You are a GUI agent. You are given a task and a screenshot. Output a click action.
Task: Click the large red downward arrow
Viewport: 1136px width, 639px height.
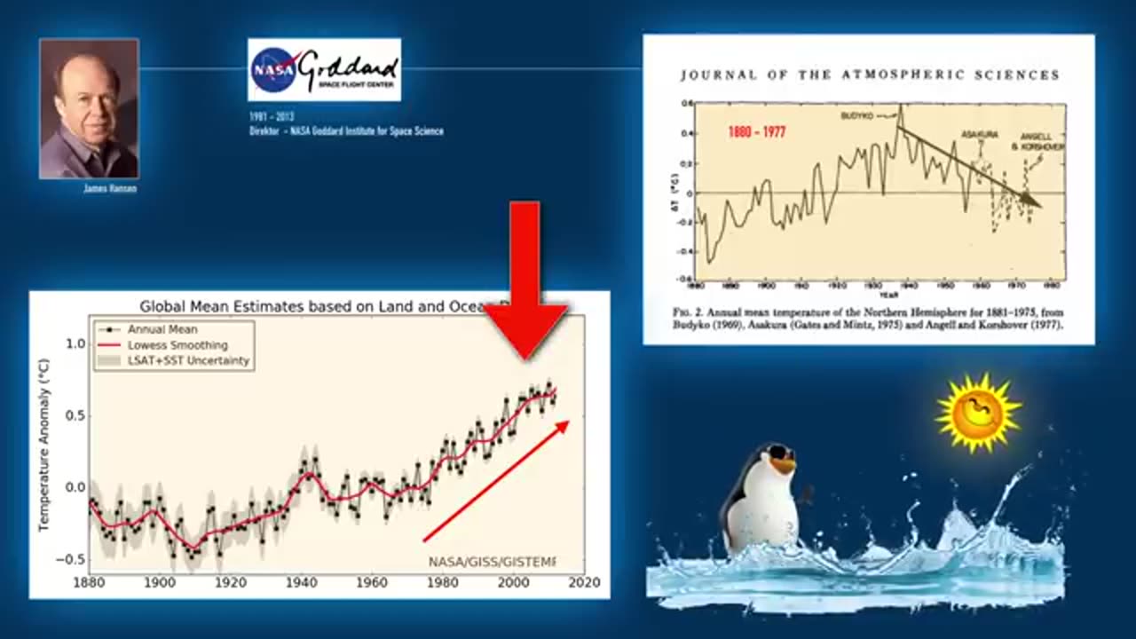tap(525, 284)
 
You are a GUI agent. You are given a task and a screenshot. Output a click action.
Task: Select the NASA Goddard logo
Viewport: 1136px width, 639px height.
tap(324, 69)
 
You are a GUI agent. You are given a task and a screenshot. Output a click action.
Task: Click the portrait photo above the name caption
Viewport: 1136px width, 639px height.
tap(89, 108)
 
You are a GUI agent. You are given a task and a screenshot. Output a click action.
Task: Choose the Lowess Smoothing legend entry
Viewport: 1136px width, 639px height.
tap(177, 345)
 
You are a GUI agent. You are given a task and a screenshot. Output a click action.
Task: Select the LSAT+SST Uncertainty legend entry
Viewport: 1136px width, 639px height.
tap(188, 361)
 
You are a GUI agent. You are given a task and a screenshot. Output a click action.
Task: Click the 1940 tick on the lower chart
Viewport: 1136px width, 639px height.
tap(302, 582)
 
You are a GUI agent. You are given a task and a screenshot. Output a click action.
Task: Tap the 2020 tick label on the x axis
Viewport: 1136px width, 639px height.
tap(584, 582)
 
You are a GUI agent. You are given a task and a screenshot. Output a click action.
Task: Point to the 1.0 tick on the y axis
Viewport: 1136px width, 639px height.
tap(75, 343)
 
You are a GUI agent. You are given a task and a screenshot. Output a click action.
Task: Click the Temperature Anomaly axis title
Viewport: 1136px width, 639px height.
tap(43, 446)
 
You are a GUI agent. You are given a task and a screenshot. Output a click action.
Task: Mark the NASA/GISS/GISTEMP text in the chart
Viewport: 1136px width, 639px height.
tap(492, 562)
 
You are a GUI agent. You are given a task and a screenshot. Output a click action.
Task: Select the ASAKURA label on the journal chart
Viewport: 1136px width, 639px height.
tap(980, 134)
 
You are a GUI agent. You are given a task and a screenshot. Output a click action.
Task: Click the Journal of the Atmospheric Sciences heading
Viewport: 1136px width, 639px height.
tap(870, 75)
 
